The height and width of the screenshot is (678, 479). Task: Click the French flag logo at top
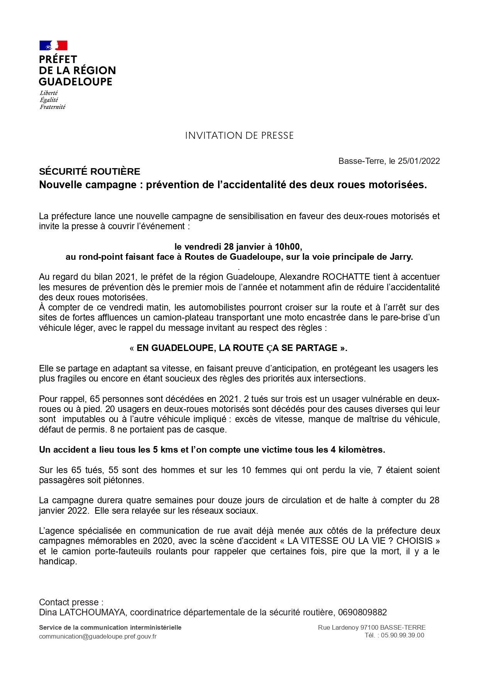point(53,46)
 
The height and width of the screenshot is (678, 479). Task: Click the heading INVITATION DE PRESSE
point(239,136)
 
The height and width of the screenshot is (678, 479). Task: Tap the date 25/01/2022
point(419,161)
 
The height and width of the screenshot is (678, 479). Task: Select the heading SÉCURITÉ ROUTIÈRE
point(90,172)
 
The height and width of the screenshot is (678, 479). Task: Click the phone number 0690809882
point(362,612)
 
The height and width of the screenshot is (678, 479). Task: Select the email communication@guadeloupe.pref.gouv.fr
point(98,636)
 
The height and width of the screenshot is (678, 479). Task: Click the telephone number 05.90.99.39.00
point(403,635)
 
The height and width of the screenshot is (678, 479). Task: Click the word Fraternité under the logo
point(52,107)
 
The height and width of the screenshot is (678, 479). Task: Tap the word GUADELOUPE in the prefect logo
point(76,82)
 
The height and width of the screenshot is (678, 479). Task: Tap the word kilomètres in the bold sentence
point(362,450)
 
